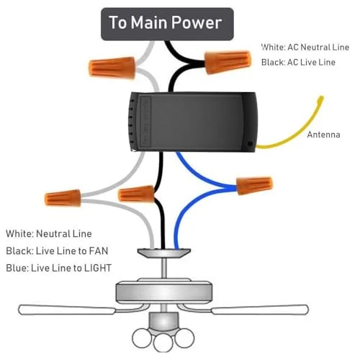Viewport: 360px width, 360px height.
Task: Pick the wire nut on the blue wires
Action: [x=255, y=186]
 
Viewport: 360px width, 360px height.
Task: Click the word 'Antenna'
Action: [x=323, y=135]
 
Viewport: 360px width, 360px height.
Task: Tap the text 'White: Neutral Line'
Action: [x=49, y=233]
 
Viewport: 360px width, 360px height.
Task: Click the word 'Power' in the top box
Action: [x=197, y=23]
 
